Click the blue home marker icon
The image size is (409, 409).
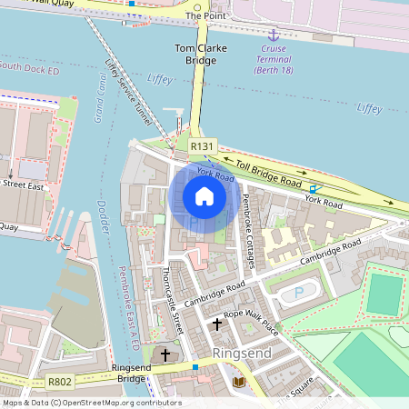204,196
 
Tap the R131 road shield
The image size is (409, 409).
202,145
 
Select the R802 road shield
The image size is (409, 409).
60,383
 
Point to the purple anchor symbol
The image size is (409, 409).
269,34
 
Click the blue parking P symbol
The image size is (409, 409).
299,294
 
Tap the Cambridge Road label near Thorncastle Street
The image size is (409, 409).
214,293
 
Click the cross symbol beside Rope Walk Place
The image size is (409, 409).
217,323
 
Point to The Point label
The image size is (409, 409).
205,16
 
